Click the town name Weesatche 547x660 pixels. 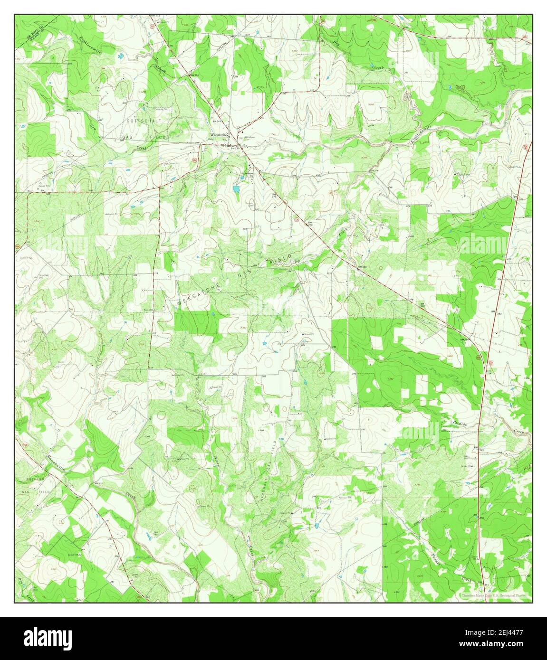[x=219, y=135]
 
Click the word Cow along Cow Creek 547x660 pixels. [x=93, y=127]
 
